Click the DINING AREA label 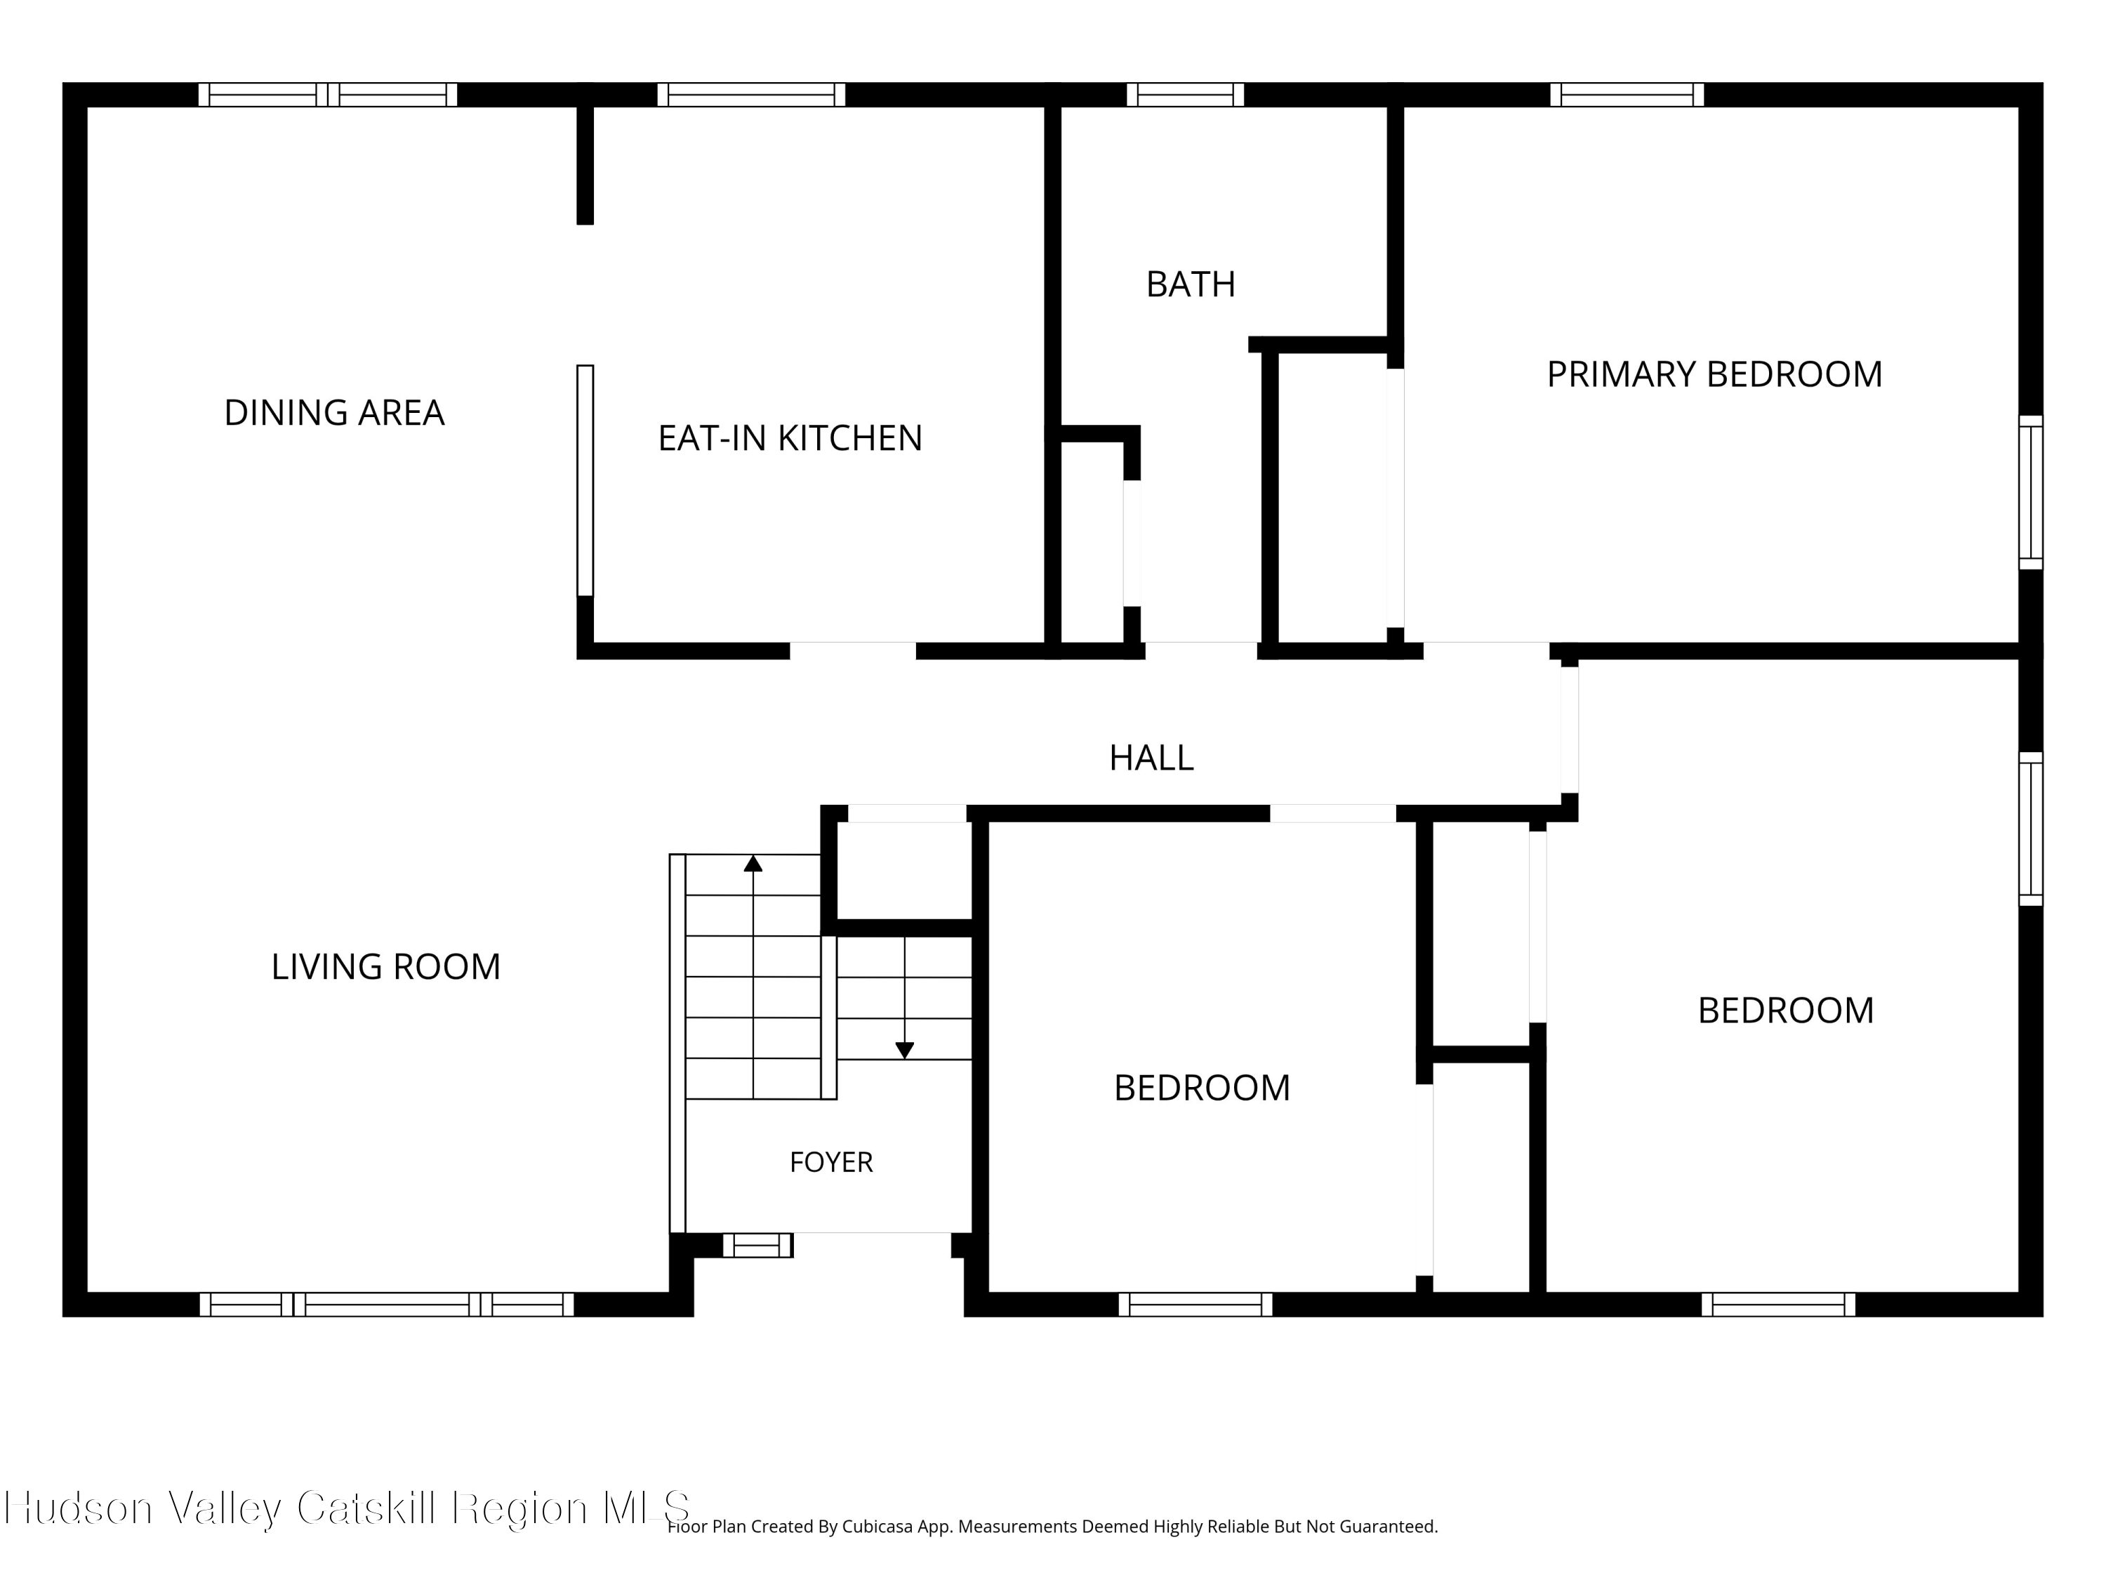334,412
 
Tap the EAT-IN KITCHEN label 790,438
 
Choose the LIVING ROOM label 385,967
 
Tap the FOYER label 831,1162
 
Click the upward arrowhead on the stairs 753,863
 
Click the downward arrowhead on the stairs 904,1051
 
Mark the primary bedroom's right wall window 2031,492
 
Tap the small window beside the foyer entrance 758,1245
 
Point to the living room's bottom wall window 387,1305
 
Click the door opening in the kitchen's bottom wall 853,652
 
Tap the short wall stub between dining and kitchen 585,166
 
